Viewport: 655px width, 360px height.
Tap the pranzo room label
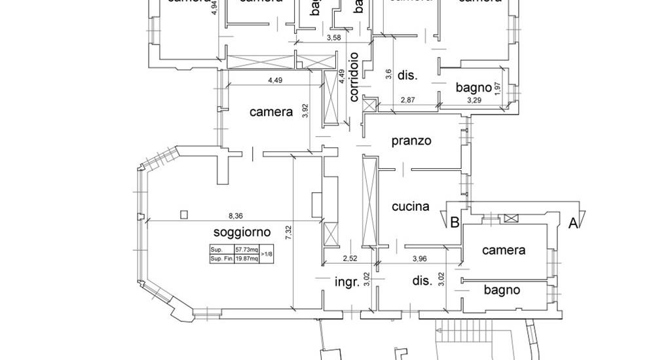point(411,141)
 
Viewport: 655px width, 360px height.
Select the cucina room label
point(411,207)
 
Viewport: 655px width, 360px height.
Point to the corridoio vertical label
point(354,77)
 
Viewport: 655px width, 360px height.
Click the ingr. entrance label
point(345,283)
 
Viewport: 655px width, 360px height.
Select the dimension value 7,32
point(288,233)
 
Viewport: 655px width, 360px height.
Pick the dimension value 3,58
point(334,37)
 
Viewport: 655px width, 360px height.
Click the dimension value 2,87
point(408,100)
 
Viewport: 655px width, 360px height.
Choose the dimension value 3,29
point(474,100)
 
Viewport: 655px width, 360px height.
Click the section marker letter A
point(572,223)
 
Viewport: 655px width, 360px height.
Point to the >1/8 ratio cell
point(267,254)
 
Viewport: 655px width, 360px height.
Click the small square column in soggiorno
point(183,213)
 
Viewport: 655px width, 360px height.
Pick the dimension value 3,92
point(305,111)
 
